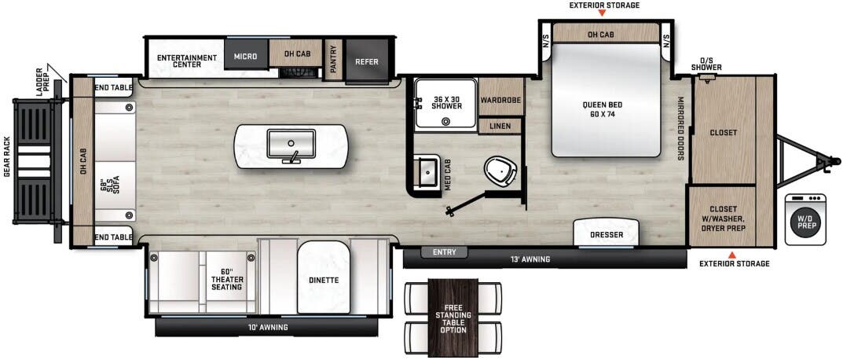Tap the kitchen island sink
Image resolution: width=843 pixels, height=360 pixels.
[x=290, y=145]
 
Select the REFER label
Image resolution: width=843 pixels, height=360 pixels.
[x=367, y=61]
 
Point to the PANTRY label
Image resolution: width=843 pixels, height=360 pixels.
[x=333, y=58]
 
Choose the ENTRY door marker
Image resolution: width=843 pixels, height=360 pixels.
[x=444, y=252]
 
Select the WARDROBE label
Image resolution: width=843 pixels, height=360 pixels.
[x=500, y=101]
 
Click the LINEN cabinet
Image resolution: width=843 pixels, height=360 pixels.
[x=500, y=126]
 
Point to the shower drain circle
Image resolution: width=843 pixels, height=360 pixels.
[x=446, y=121]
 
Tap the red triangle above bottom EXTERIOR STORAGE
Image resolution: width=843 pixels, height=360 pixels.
[x=732, y=254]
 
